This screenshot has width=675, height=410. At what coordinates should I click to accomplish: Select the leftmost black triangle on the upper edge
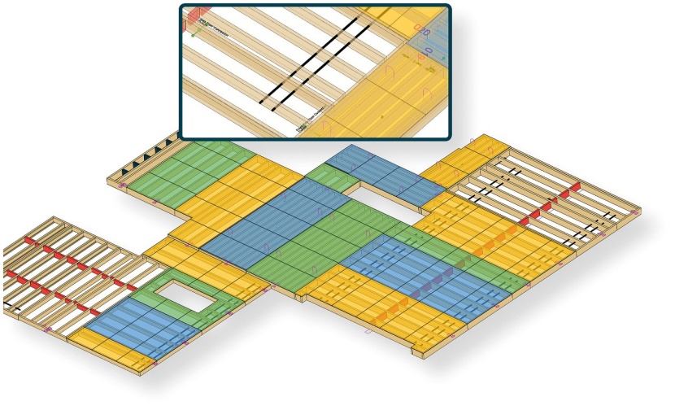[124, 170]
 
